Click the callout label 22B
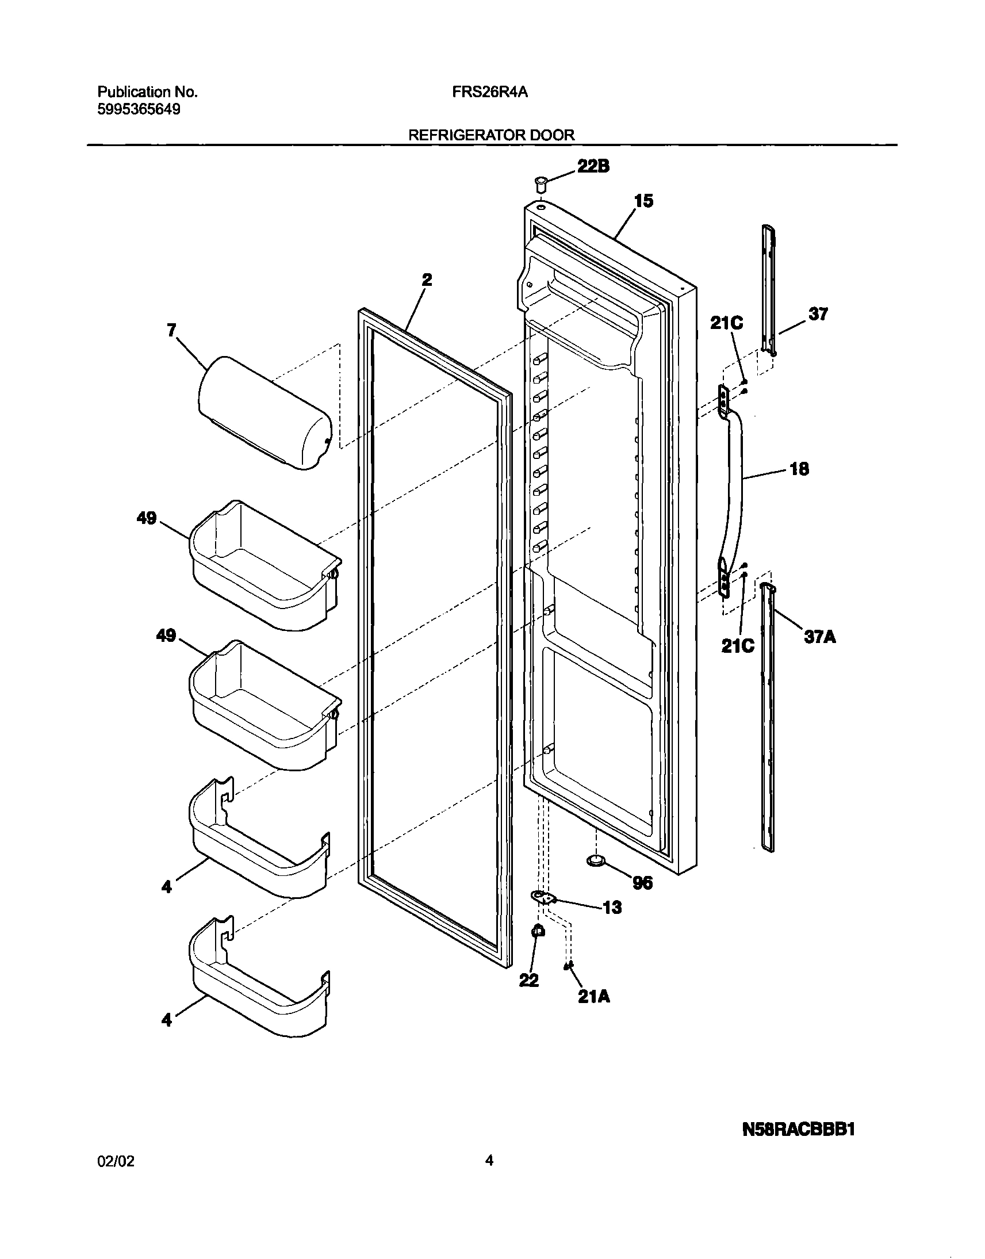[x=593, y=166]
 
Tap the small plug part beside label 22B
[x=541, y=186]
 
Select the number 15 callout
[x=643, y=201]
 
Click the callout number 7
[x=171, y=330]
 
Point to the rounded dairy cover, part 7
[x=265, y=412]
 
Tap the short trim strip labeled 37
[x=768, y=288]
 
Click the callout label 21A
[x=594, y=996]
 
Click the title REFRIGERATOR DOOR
[x=491, y=135]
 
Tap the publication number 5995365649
[x=139, y=109]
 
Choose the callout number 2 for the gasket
[x=427, y=280]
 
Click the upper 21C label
[x=726, y=323]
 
